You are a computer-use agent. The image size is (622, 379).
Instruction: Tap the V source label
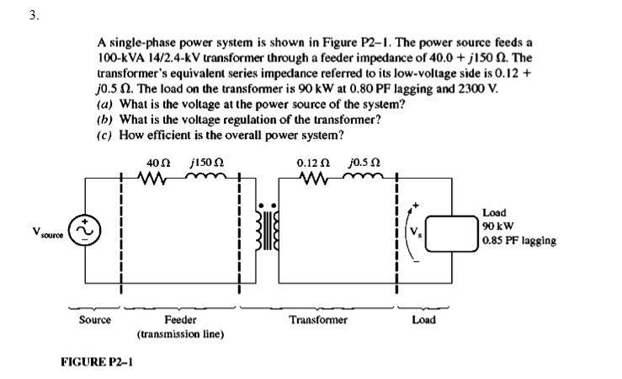51,228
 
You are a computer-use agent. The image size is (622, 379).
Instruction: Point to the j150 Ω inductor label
206,163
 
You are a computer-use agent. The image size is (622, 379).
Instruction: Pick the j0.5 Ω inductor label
359,163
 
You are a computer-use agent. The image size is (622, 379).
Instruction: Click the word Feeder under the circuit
180,320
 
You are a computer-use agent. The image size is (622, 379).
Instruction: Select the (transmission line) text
180,334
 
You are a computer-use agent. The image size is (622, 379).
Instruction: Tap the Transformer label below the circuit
317,320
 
